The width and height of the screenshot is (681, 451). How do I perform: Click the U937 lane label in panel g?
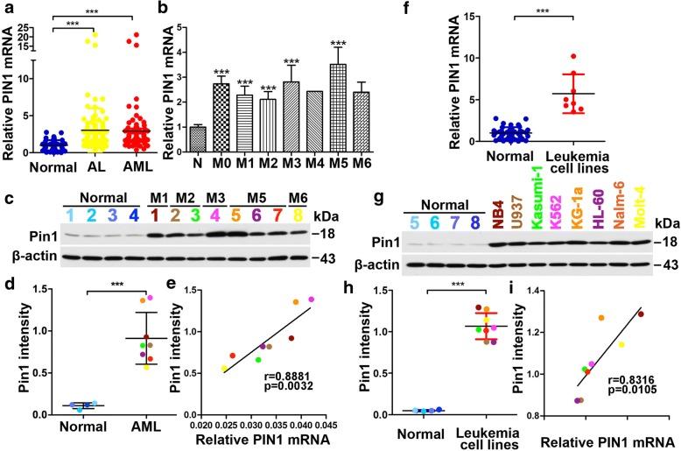pos(515,214)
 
